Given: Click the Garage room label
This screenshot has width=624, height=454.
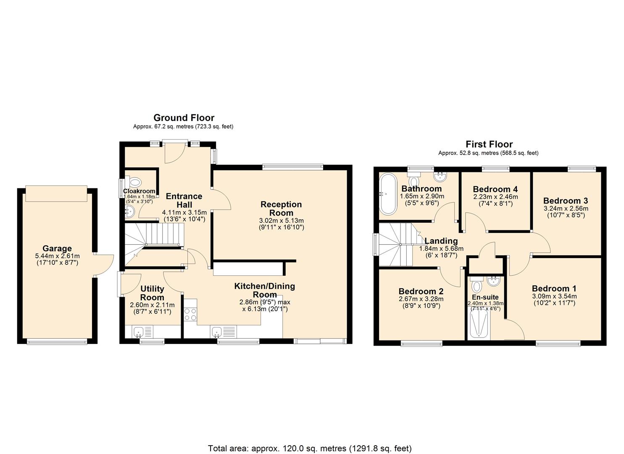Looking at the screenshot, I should pyautogui.click(x=57, y=248).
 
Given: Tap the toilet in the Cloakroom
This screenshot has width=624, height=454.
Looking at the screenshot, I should pyautogui.click(x=135, y=182).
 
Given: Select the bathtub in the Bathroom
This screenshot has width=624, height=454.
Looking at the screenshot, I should pyautogui.click(x=388, y=194).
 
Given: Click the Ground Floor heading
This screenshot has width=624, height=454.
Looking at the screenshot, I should pyautogui.click(x=184, y=118).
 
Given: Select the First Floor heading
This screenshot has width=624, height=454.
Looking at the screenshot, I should pyautogui.click(x=489, y=144).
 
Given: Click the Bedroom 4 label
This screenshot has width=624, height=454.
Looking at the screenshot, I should pyautogui.click(x=495, y=189).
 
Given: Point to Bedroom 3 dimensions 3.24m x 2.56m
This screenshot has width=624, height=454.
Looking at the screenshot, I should pyautogui.click(x=566, y=208).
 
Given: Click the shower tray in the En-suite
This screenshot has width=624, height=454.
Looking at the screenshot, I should pyautogui.click(x=478, y=324).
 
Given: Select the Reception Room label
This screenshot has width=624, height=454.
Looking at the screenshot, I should pyautogui.click(x=281, y=209).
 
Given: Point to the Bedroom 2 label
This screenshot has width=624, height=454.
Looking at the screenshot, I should pyautogui.click(x=421, y=291).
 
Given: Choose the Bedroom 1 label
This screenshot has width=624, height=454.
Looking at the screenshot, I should pyautogui.click(x=554, y=288).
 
